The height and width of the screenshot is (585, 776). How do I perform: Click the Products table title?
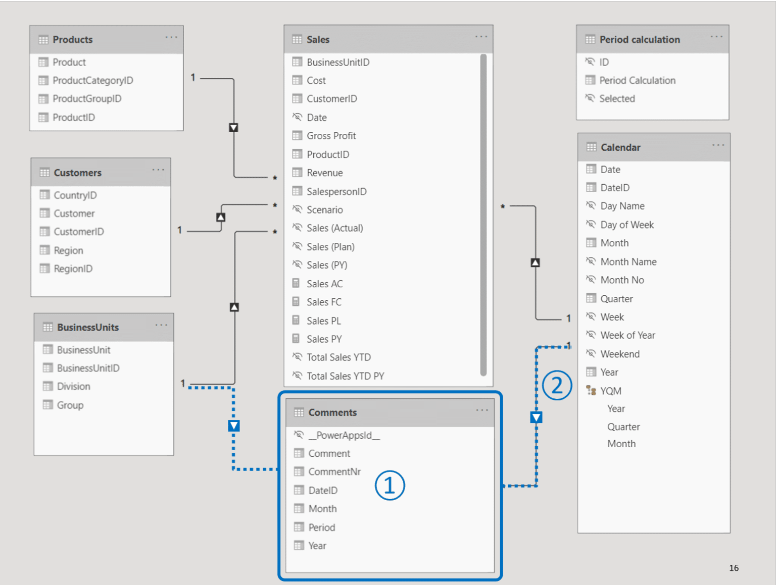point(72,39)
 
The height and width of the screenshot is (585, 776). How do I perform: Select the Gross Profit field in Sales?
point(331,136)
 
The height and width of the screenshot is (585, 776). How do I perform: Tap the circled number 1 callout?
point(390,486)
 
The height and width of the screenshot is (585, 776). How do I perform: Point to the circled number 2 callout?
point(557,386)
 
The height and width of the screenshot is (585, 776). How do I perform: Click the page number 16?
point(734,568)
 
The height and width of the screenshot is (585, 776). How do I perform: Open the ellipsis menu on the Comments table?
point(482,410)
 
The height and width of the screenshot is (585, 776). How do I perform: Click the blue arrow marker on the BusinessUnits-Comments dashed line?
point(233,426)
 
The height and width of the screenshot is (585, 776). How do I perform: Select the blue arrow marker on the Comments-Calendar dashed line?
point(536,417)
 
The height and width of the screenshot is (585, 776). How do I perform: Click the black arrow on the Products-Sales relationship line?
point(233,128)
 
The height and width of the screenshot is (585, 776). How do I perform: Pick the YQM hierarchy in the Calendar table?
point(610,391)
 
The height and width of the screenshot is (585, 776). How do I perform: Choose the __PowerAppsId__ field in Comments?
point(344,435)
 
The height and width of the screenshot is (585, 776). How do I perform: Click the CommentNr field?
point(334,471)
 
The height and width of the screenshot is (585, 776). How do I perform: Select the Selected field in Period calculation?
point(617,98)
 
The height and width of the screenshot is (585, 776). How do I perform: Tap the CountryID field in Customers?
point(75,195)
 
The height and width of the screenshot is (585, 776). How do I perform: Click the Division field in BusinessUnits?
point(73,386)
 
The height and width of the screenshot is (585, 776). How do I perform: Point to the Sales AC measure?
point(324,284)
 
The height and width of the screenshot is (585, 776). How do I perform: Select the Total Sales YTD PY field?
point(345,376)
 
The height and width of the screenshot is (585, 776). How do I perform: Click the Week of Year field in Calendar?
point(627,335)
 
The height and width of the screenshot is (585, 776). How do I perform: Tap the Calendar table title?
point(620,147)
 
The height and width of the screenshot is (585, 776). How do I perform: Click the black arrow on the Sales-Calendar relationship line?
point(535,262)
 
